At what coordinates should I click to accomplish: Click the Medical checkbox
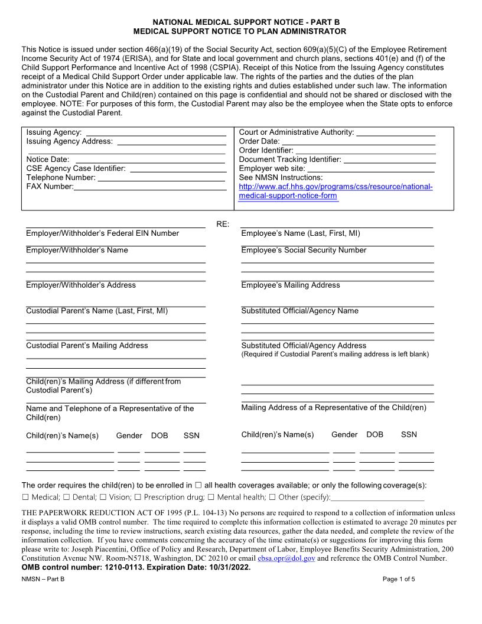pos(25,498)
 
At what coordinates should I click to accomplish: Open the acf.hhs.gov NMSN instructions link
pos(335,187)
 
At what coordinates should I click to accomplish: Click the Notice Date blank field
pos(150,160)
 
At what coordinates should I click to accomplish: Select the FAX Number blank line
pos(150,187)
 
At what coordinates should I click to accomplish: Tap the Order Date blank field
pos(359,142)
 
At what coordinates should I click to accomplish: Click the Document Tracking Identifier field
pos(389,160)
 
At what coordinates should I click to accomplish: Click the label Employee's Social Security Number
pos(304,251)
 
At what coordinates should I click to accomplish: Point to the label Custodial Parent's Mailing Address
pos(87,346)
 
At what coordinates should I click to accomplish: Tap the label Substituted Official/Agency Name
pos(299,311)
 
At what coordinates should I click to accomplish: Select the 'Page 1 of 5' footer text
pos(399,579)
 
